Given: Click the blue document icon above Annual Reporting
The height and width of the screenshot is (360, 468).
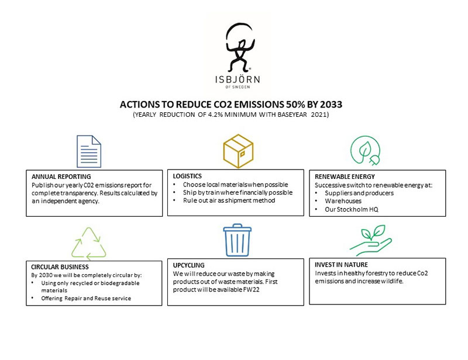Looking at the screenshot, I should tap(88, 151).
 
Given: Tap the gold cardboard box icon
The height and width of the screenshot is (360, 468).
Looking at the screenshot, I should tap(238, 150).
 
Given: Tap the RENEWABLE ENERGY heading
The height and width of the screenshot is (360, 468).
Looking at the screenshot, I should tap(345, 176).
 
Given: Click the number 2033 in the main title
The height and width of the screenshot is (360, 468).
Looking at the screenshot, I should tap(328, 104).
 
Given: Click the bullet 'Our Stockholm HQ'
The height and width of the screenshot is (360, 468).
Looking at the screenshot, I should tap(350, 209).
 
